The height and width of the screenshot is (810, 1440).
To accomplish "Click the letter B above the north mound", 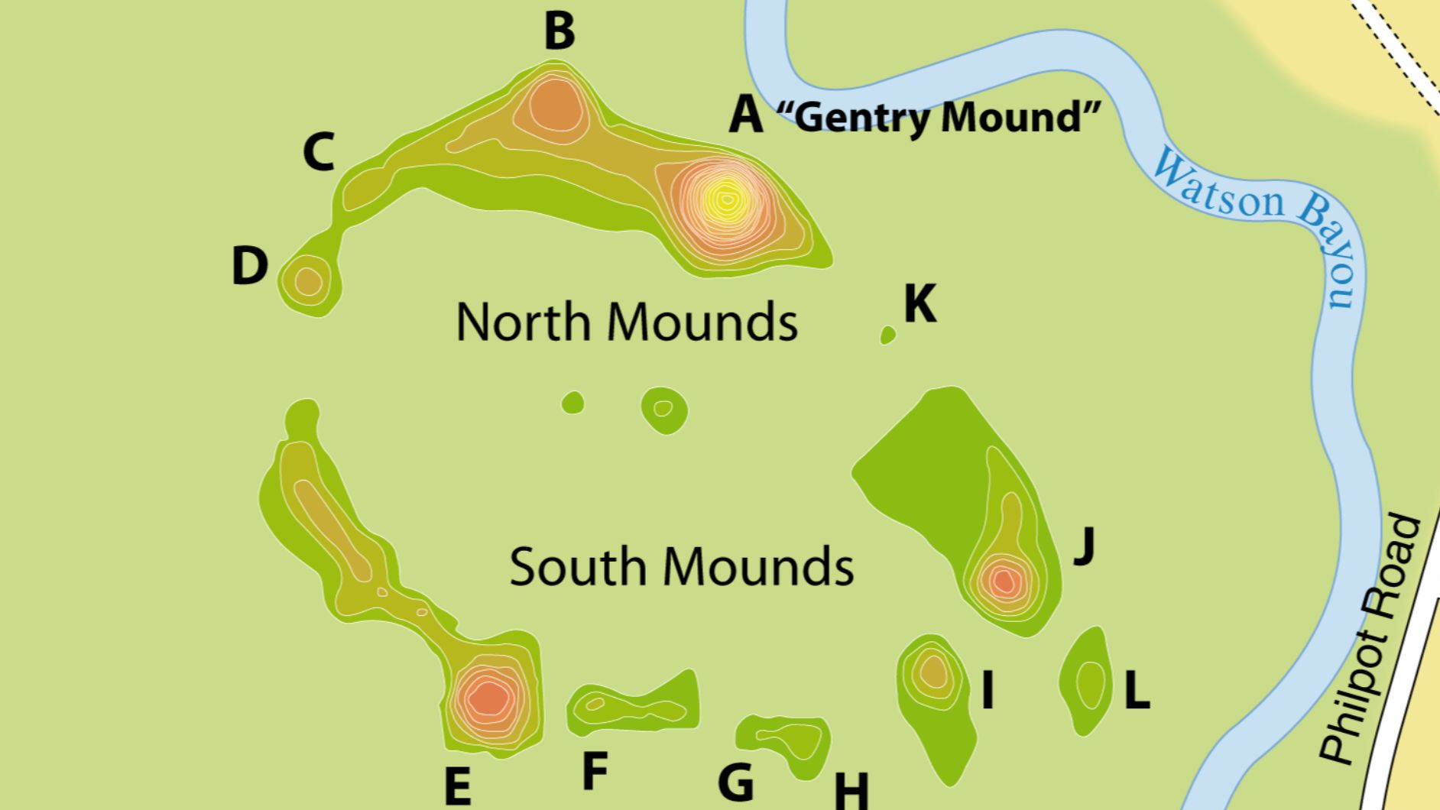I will click(x=559, y=32).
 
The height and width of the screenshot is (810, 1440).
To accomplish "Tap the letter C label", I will click(x=319, y=152).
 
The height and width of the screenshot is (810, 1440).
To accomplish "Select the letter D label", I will click(x=250, y=266).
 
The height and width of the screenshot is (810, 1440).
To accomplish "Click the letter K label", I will click(x=919, y=304).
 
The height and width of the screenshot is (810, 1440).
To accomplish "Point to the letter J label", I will click(x=1084, y=544).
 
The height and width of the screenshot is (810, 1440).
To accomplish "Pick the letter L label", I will click(x=1137, y=691).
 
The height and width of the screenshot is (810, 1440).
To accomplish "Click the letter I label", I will click(x=988, y=691).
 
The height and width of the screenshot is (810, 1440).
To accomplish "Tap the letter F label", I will click(x=595, y=771).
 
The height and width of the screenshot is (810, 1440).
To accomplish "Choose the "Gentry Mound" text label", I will click(x=939, y=117).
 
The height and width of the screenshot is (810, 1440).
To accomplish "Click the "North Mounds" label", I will click(x=626, y=322).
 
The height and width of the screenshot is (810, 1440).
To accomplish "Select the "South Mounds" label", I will click(x=681, y=567).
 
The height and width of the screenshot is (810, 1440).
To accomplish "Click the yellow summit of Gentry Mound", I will click(x=726, y=200).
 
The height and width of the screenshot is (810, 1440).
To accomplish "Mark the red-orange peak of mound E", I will click(x=488, y=697).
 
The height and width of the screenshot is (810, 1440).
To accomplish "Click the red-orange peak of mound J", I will click(x=1004, y=582).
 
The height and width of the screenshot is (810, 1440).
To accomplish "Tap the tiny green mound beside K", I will click(x=887, y=335).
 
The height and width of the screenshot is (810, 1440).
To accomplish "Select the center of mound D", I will click(x=308, y=281).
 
